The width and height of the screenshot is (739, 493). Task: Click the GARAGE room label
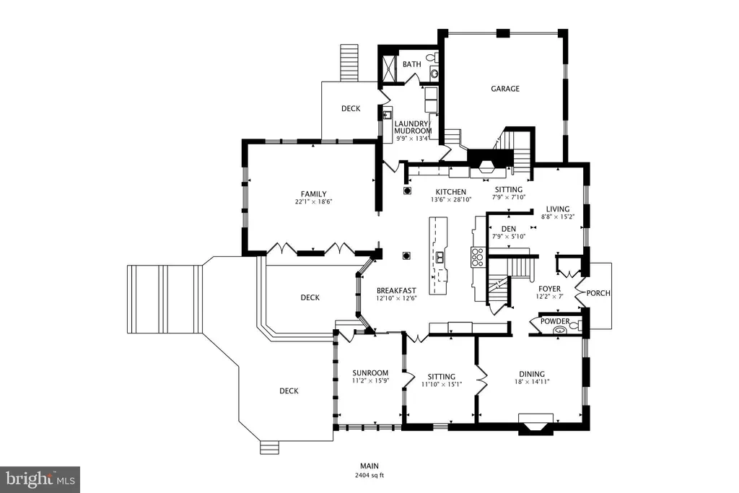(505, 89)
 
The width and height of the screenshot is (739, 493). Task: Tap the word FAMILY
(313, 193)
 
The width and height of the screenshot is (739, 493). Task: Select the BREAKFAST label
(396, 291)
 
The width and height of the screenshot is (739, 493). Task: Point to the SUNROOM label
(370, 372)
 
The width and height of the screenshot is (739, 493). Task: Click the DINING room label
(532, 374)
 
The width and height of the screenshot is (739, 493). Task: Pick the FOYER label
(549, 289)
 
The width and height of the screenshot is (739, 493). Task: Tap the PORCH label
(598, 293)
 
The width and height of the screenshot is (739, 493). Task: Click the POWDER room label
(555, 321)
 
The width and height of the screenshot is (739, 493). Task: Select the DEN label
(509, 229)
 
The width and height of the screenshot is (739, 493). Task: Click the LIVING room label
(558, 209)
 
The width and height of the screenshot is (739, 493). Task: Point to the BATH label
(411, 64)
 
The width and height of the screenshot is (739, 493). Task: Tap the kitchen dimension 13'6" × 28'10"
(451, 199)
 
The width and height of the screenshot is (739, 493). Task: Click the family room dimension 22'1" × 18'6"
(314, 201)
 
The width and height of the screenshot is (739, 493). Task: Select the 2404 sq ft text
(369, 476)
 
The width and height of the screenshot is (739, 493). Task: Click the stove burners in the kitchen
(477, 258)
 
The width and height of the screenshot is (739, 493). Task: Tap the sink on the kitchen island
(440, 257)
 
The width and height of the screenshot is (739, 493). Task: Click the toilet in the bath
(432, 58)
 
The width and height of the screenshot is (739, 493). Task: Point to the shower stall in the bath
(389, 69)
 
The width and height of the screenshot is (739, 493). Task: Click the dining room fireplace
(535, 424)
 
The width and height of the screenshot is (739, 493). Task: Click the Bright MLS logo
(40, 480)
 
